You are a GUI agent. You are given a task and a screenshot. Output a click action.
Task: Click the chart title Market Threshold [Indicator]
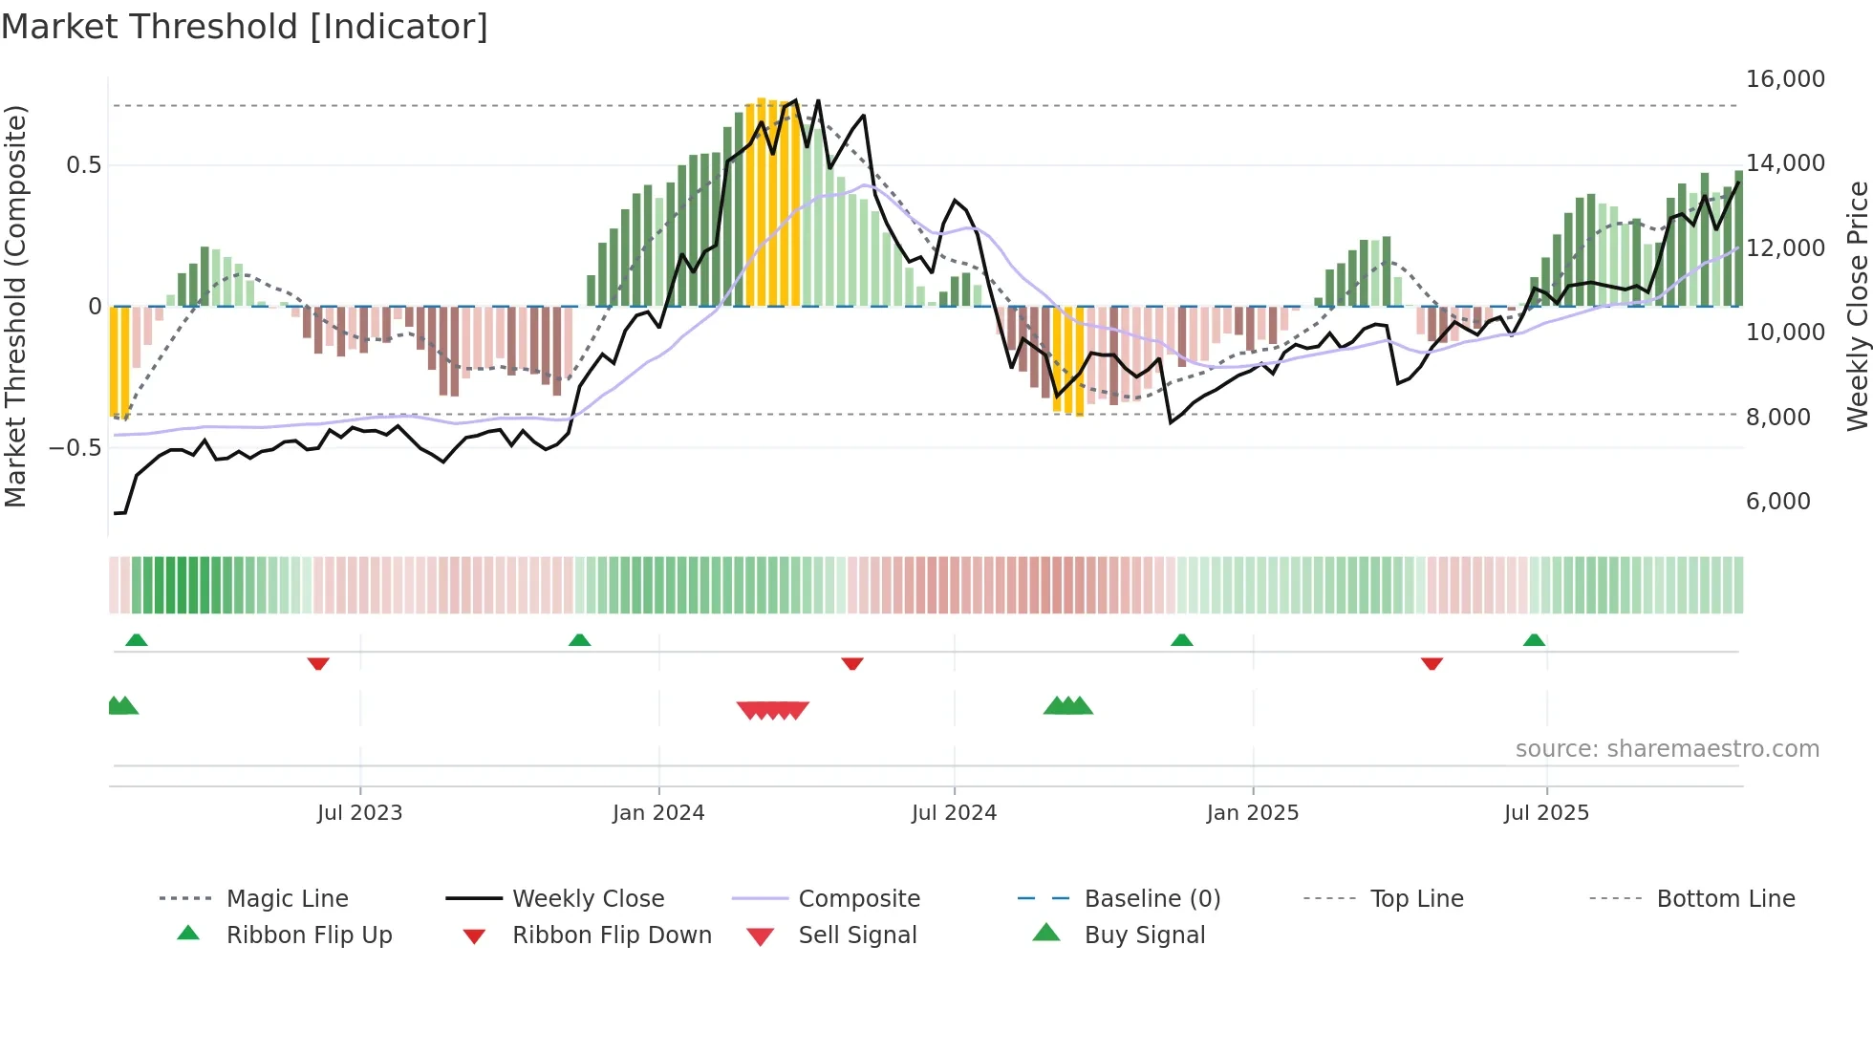[x=245, y=27]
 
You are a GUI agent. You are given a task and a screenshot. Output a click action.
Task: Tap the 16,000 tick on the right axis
[x=1784, y=79]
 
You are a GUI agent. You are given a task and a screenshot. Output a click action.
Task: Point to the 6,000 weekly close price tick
[x=1777, y=502]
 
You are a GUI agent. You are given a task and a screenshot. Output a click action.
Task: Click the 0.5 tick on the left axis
[x=83, y=165]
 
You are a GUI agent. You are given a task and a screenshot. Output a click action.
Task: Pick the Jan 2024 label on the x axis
[x=658, y=813]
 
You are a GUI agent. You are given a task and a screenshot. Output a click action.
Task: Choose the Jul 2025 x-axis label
[x=1545, y=813]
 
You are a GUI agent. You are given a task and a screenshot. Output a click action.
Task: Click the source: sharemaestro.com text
[x=1667, y=749]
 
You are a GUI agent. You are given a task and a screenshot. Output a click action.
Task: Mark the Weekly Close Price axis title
[x=1857, y=306]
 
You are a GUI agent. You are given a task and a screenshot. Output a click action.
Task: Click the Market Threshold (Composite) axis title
[x=15, y=306]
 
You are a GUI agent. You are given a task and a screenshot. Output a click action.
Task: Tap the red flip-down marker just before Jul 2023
[x=318, y=663]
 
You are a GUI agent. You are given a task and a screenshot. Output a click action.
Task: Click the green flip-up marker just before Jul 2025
[x=1534, y=640]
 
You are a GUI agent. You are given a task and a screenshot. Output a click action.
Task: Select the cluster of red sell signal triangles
[x=773, y=710]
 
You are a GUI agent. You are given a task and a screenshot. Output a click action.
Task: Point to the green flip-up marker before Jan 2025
[x=1181, y=640]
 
